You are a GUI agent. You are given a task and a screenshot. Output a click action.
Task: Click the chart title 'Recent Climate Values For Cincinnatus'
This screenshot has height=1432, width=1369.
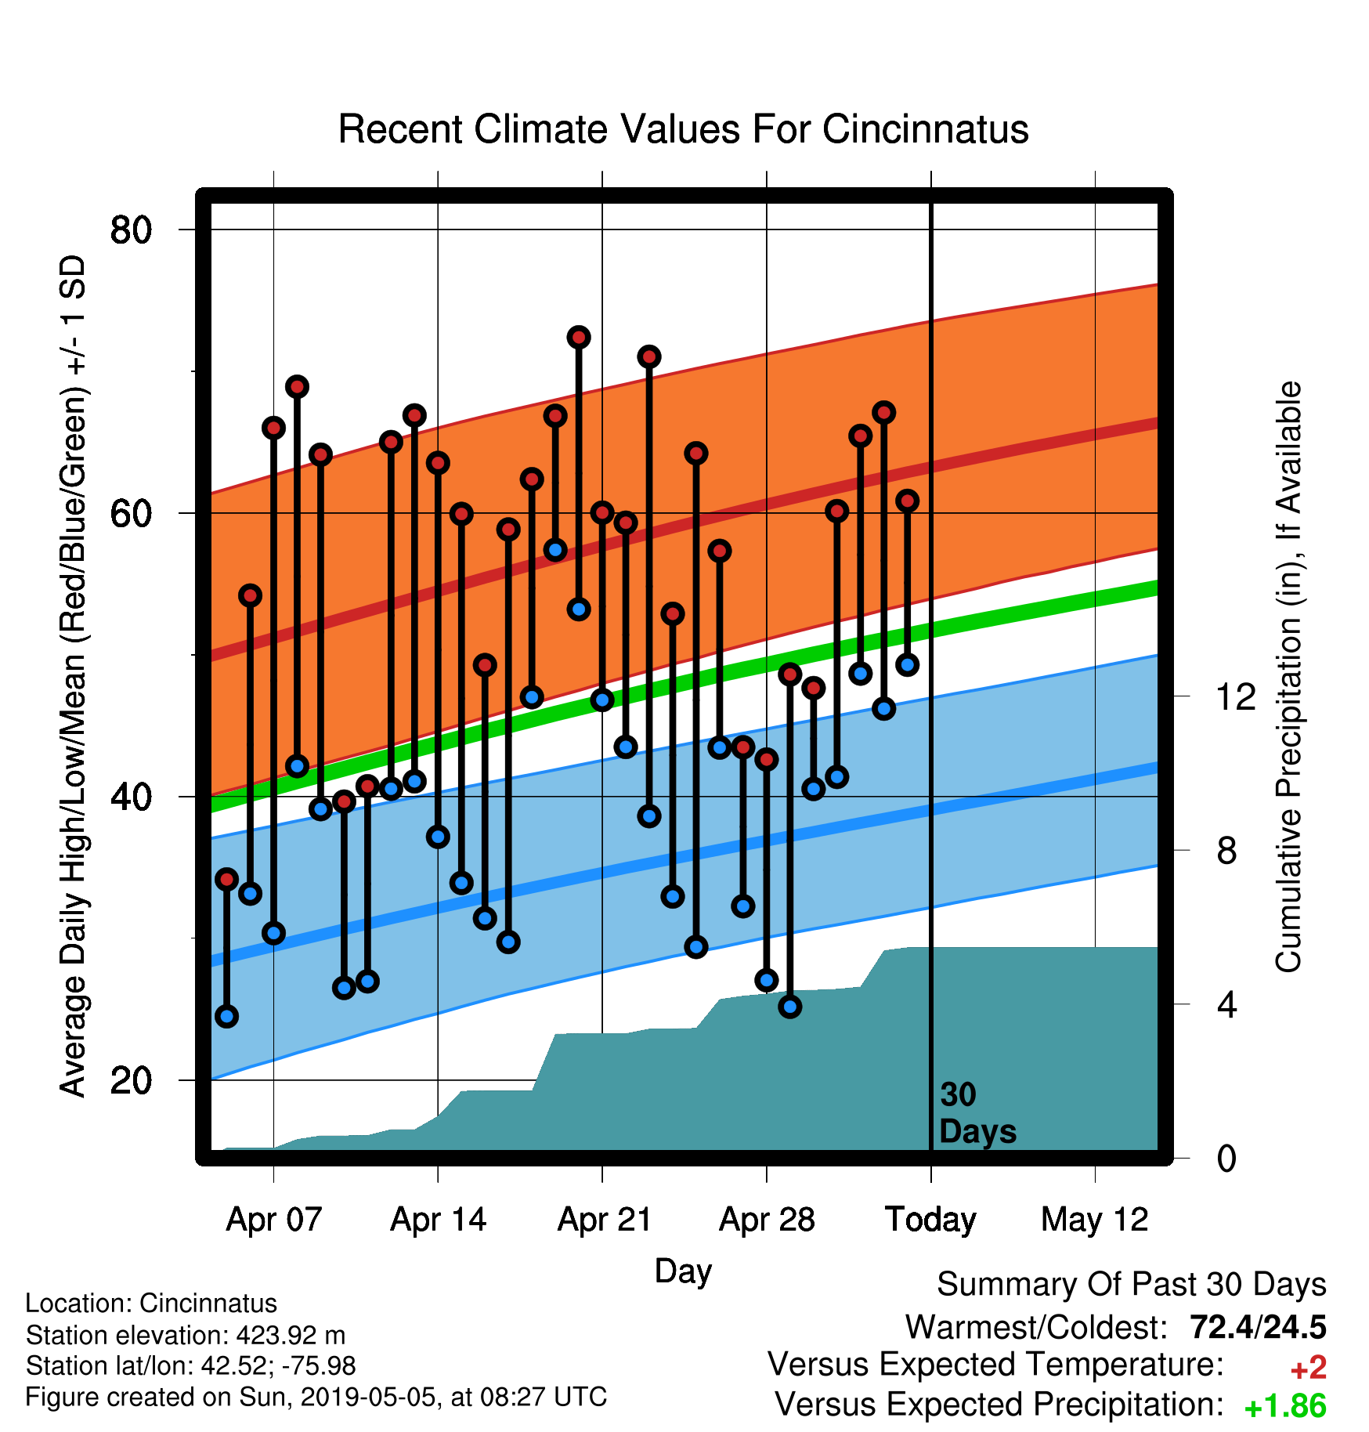(683, 129)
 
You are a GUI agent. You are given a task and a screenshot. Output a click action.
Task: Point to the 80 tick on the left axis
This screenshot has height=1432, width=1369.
(131, 230)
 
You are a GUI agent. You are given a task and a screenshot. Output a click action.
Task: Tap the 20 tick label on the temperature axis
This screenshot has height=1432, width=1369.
(131, 1080)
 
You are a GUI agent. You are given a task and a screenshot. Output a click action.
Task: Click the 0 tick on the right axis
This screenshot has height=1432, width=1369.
(1226, 1158)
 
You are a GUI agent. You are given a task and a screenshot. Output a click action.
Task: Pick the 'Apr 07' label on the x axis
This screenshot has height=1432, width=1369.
(274, 1220)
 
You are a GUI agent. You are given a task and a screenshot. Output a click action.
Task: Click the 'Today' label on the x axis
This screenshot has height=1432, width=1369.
(930, 1220)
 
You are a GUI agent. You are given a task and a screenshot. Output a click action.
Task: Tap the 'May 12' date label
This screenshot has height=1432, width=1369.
(1095, 1220)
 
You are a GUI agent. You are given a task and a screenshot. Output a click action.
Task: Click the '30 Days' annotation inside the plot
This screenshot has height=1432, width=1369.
(977, 1113)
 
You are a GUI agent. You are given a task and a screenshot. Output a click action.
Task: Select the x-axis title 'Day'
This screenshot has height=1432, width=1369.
(683, 1271)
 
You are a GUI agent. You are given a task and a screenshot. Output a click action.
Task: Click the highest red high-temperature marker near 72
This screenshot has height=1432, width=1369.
(579, 338)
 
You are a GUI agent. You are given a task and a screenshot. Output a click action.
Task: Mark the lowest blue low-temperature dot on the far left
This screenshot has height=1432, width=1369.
(227, 1016)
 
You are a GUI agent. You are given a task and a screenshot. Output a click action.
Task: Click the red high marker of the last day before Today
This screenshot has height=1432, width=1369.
(907, 501)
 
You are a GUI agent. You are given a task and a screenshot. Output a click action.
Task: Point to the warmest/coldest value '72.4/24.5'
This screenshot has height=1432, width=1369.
(1258, 1327)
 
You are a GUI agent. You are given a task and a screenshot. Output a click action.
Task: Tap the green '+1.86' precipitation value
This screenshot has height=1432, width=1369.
(1285, 1406)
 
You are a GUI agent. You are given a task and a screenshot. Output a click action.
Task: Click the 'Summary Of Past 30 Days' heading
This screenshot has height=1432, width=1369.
(1132, 1285)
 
